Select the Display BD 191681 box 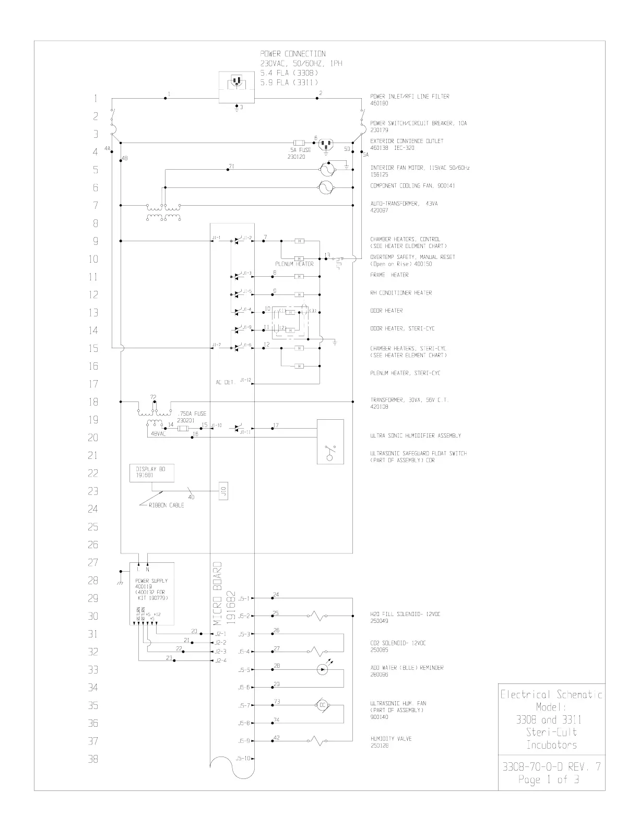151,473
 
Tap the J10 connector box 223,491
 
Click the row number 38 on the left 93,759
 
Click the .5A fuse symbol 300,143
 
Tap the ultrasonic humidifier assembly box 330,441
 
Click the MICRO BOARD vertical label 218,593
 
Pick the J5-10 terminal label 244,759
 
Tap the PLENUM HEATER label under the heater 294,264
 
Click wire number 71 231,166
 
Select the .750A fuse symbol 183,429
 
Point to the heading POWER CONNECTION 292,54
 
